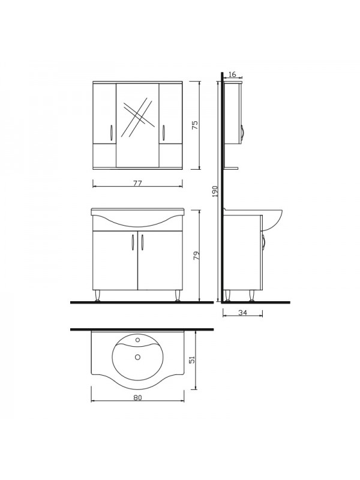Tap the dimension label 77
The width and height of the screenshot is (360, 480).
[x=138, y=184]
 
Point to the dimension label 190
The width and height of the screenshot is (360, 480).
[x=215, y=191]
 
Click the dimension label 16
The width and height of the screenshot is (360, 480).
[x=232, y=74]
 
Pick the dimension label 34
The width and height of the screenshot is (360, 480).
[x=242, y=313]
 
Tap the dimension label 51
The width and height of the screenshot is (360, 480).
[x=192, y=359]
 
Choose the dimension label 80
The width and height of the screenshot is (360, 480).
[x=138, y=398]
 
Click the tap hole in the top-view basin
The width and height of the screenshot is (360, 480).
[x=137, y=340]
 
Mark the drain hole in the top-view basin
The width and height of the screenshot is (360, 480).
[x=137, y=356]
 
